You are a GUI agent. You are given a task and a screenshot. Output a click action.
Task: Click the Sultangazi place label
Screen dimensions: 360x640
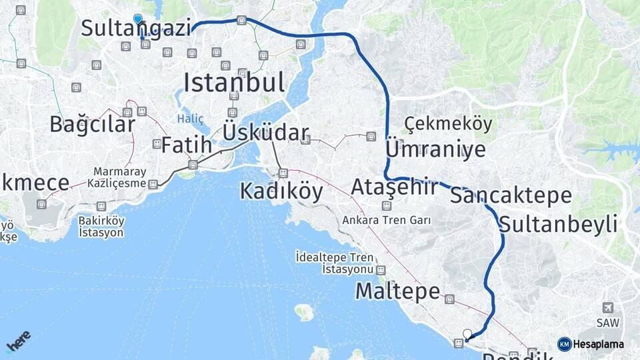(x=136, y=29)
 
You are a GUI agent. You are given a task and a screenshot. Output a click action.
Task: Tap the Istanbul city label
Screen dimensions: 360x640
(x=234, y=83)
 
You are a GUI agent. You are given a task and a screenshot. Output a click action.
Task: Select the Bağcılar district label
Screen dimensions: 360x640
(x=92, y=124)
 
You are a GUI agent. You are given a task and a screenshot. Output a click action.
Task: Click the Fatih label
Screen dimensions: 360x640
(x=187, y=145)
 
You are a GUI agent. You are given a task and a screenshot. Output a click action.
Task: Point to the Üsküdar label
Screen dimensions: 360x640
(x=265, y=132)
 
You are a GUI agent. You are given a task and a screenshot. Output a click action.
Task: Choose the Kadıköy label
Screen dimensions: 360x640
(x=281, y=192)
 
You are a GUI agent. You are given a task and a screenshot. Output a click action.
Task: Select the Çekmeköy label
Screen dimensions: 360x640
(x=448, y=123)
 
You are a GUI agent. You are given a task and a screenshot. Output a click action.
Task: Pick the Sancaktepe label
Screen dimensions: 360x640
(x=511, y=195)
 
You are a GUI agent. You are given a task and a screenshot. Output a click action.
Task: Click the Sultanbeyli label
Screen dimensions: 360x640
(x=558, y=224)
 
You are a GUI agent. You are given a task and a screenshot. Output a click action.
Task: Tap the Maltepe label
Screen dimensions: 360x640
(x=397, y=291)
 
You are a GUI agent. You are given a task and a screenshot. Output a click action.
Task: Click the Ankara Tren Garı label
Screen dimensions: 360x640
(x=386, y=220)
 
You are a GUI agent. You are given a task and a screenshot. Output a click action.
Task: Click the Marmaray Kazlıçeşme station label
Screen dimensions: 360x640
(x=120, y=177)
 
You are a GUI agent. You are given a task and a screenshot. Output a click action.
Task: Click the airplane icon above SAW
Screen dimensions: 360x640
(x=607, y=307)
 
